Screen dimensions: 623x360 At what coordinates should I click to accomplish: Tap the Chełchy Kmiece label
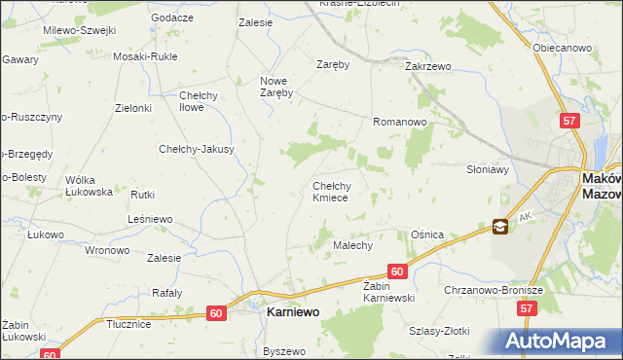click(x=338, y=192)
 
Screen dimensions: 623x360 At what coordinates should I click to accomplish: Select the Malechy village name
click(x=354, y=246)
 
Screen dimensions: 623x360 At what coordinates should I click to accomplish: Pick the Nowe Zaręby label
click(x=276, y=87)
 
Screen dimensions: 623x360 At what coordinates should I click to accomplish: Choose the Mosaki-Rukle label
click(x=145, y=57)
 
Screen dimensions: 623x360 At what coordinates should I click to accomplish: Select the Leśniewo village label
click(x=150, y=219)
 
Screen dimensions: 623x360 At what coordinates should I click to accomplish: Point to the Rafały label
click(x=167, y=292)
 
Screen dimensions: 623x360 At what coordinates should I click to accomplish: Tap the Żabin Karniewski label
click(x=389, y=292)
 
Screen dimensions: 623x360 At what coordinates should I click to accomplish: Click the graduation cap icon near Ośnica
click(x=499, y=227)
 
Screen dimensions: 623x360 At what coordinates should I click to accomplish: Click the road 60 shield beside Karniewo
click(x=217, y=312)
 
